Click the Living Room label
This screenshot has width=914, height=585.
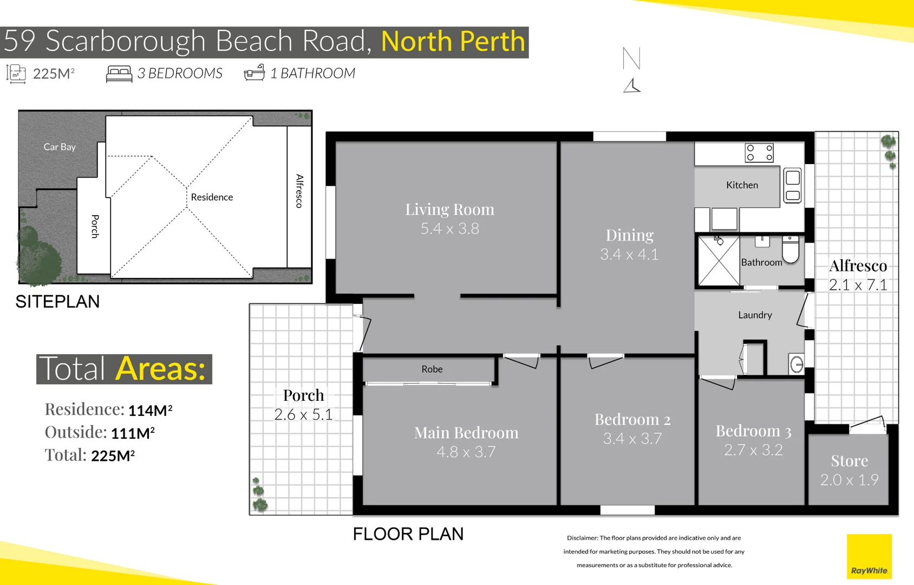click(449, 210)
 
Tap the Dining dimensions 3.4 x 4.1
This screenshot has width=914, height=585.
click(629, 255)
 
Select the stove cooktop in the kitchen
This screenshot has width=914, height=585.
click(759, 153)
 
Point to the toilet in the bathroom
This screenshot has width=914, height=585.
click(791, 250)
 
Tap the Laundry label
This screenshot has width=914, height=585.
click(755, 315)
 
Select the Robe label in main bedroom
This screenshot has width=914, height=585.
click(432, 369)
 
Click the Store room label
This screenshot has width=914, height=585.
click(849, 461)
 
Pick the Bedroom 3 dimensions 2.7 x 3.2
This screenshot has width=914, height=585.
click(753, 450)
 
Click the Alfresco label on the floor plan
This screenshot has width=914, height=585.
click(858, 266)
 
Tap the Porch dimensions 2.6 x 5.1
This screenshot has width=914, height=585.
click(303, 415)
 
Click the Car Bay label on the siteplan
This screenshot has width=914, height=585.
click(60, 147)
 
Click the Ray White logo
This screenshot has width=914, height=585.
click(869, 556)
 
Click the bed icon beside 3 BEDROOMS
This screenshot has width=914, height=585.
click(119, 74)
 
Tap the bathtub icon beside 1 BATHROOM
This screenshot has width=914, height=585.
click(254, 73)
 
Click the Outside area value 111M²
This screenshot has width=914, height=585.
click(133, 433)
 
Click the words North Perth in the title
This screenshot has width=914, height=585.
click(453, 42)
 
